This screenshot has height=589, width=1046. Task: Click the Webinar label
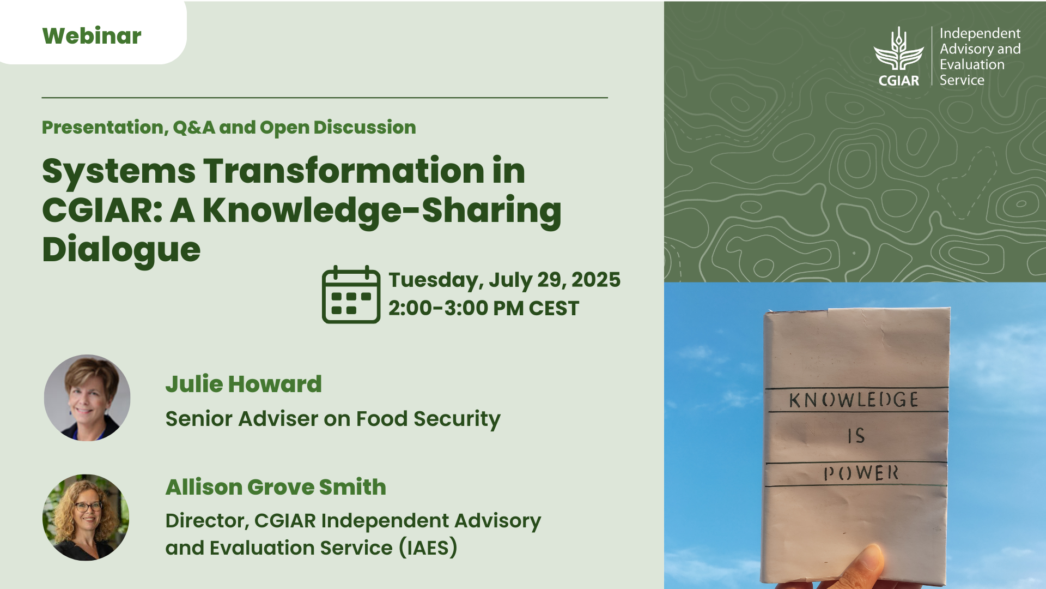(92, 36)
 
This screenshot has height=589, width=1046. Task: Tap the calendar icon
(351, 294)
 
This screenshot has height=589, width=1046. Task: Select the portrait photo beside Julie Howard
(87, 398)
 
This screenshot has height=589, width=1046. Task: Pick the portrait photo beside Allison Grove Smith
(86, 517)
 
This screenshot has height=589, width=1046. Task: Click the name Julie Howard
(244, 384)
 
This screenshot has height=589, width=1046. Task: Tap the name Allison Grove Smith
(276, 487)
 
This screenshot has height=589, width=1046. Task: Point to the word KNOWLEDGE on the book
(854, 400)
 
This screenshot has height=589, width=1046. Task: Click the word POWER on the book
(861, 473)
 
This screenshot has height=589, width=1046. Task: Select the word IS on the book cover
(856, 436)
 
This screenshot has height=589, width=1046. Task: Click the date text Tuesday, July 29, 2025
(504, 280)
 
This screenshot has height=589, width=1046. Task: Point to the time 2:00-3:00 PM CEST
(484, 308)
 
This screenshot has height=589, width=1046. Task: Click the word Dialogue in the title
(121, 250)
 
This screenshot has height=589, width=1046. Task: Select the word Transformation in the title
(344, 171)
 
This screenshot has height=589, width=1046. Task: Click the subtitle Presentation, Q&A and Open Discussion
(229, 128)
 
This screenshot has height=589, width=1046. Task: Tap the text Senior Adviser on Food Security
(333, 419)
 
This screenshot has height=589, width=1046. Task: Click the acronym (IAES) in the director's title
(428, 548)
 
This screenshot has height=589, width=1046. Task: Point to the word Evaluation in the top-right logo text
(972, 64)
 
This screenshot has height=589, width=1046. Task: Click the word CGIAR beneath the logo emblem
(899, 81)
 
